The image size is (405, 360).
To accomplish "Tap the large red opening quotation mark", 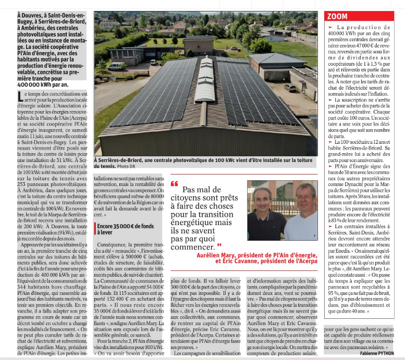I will point(175,184).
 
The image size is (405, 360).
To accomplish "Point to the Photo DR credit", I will point(126,166).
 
